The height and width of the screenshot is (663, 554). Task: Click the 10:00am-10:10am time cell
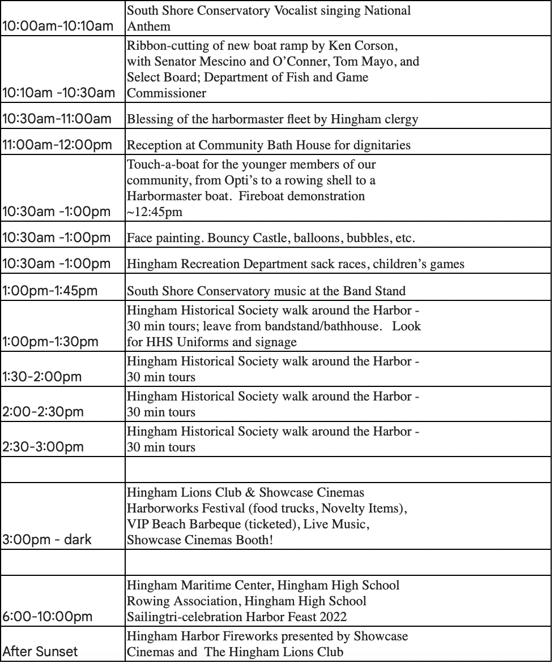[58, 27]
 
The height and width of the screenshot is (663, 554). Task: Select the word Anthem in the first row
[148, 26]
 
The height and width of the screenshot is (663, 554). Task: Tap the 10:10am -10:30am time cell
[58, 93]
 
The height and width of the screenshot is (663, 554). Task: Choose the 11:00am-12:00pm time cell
[57, 145]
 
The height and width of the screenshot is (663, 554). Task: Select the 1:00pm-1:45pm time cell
[50, 291]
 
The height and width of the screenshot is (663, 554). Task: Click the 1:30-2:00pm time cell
[42, 376]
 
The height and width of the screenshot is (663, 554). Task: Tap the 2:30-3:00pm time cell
[43, 446]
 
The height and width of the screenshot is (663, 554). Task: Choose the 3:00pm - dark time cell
[47, 539]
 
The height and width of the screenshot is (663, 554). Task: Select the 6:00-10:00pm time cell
[48, 616]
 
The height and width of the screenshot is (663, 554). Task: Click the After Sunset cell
[40, 651]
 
